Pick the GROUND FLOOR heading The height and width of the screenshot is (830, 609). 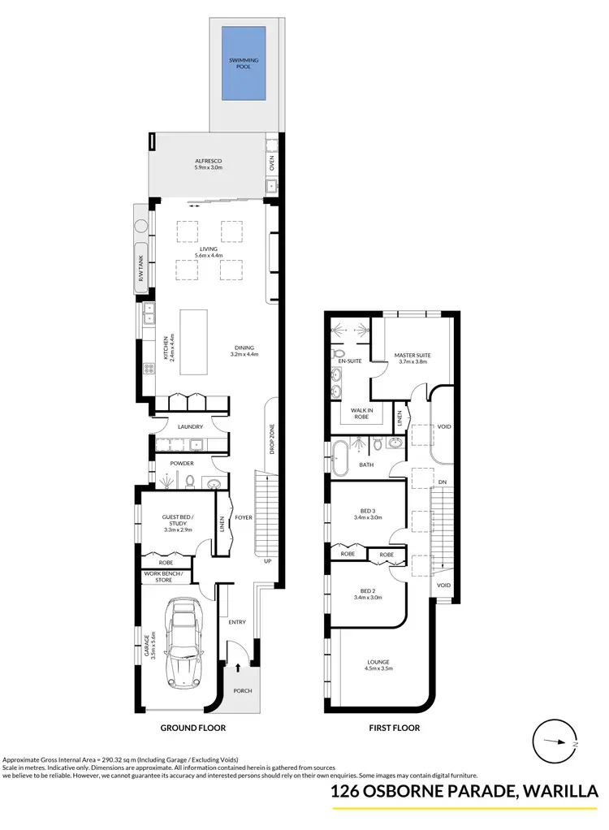point(193,728)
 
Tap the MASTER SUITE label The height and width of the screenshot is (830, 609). point(412,356)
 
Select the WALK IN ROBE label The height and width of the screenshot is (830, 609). point(361,413)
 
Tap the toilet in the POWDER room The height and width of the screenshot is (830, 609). point(189,482)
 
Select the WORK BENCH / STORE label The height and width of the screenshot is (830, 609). point(164,577)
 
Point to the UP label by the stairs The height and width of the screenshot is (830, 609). point(266,560)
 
